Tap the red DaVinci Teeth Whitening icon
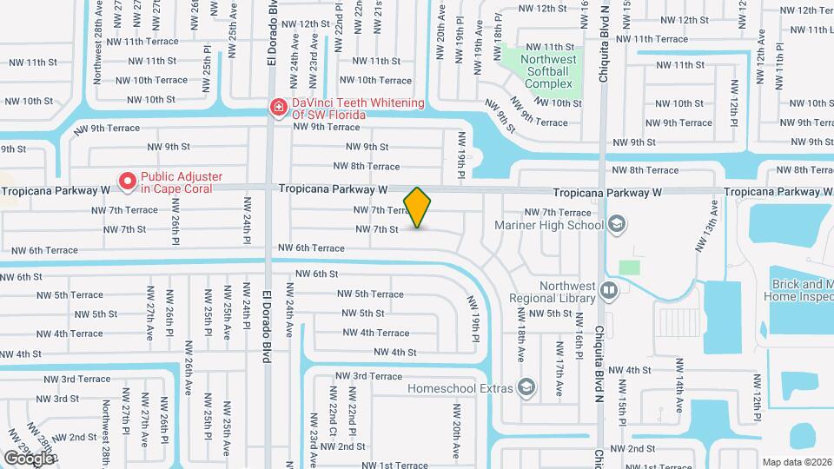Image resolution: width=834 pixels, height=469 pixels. click(x=278, y=108)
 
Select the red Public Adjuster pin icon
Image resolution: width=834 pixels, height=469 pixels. click(x=128, y=182)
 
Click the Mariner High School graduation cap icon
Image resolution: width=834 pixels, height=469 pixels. click(x=616, y=224)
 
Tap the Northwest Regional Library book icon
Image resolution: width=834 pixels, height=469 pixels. click(x=608, y=290)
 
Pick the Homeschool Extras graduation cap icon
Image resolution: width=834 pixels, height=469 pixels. click(x=526, y=386)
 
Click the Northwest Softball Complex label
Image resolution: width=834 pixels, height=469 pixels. click(x=548, y=71)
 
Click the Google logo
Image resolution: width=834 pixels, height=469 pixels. click(x=29, y=457)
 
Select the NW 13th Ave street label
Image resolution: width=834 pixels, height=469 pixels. click(x=706, y=226)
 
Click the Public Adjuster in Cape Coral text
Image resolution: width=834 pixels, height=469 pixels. click(x=181, y=182)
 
